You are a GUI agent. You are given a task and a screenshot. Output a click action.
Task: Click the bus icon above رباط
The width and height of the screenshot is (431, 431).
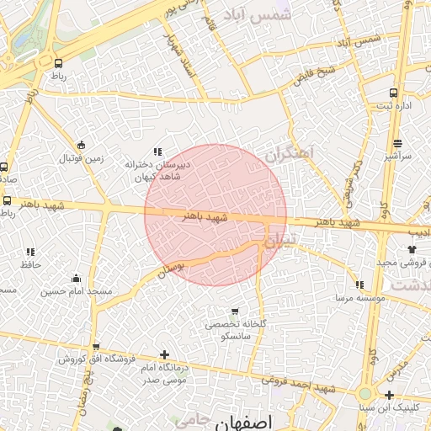tap(58, 63)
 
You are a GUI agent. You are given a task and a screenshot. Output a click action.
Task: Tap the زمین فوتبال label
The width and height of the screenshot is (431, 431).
tap(81, 158)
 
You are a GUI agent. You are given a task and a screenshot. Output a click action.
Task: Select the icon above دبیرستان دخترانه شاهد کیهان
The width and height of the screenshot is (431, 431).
tap(157, 151)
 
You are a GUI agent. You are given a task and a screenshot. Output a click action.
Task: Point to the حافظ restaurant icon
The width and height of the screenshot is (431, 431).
tap(31, 252)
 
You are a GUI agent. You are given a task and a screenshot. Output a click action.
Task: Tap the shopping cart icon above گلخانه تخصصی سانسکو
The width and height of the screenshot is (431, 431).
tap(235, 311)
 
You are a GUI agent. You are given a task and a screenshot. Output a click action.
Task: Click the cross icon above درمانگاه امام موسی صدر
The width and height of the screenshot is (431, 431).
tap(164, 355)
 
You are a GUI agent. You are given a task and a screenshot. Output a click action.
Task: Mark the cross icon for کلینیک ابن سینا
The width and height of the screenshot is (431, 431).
tap(390, 395)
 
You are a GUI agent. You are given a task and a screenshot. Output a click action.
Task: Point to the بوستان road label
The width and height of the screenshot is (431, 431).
tap(171, 268)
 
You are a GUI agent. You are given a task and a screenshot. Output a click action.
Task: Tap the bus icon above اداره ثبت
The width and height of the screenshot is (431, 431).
tap(393, 93)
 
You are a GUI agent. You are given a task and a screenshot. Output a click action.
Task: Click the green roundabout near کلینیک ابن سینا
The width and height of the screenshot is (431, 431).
tap(365, 393)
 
